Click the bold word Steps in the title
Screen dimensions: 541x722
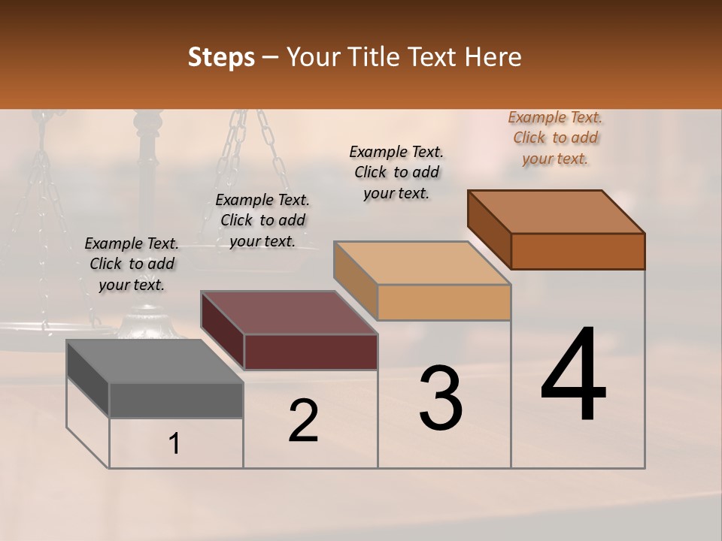coord(221,57)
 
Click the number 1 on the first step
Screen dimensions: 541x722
coord(174,444)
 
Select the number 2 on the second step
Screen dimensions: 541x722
coord(303,421)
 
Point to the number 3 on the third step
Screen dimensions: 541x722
coord(441,398)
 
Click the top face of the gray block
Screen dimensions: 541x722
coord(154,361)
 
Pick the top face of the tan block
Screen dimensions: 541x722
coord(422,263)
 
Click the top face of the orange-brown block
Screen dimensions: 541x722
coord(557,212)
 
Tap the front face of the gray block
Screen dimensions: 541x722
coord(176,400)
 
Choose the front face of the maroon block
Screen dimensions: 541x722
coord(311,352)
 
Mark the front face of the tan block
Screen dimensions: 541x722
coord(444,302)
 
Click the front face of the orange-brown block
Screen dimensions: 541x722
coord(578,251)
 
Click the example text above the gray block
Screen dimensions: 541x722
coord(132,264)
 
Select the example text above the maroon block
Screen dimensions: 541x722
coord(262,220)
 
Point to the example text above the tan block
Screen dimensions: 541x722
coord(396,172)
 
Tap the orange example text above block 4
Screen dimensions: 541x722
coord(555,138)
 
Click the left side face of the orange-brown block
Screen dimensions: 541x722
coord(489,229)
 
